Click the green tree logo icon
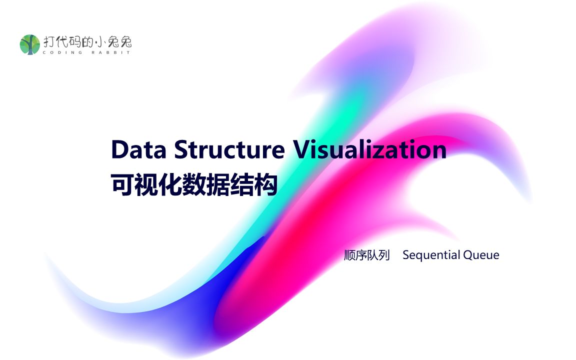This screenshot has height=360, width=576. point(29,44)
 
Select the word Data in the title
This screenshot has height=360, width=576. point(139,149)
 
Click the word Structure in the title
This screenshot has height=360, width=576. point(229,149)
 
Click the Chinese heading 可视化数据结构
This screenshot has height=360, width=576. point(194,184)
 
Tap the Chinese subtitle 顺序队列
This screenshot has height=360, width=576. point(367,255)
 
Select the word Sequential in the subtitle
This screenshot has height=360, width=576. point(431,255)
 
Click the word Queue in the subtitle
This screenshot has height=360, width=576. point(481,255)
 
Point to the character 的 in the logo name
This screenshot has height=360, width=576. point(88,42)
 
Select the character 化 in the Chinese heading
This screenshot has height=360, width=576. point(170,184)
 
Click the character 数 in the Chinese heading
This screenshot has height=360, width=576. point(194,184)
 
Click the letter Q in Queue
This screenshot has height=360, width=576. point(468,255)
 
